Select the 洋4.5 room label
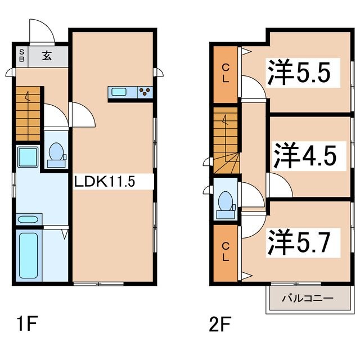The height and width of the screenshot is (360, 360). (x=307, y=155)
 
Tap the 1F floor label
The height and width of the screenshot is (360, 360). (x=26, y=325)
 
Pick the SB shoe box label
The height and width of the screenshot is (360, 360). (x=21, y=55)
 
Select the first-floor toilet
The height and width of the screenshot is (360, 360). (x=56, y=155)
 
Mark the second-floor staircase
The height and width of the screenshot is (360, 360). (x=227, y=143)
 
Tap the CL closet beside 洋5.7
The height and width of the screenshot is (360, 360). (x=226, y=253)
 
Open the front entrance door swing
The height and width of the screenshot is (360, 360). (x=41, y=33)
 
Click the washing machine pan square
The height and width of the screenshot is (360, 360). (x=27, y=156)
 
